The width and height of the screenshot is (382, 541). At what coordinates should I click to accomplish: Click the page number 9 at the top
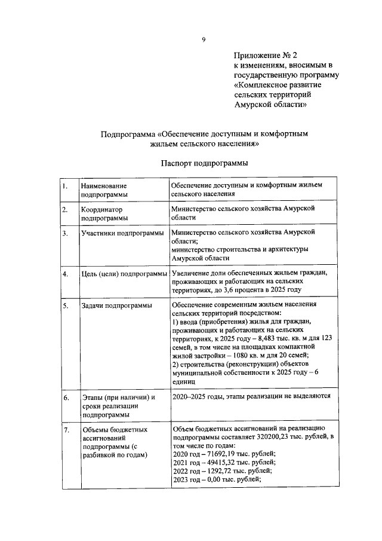coord(204,40)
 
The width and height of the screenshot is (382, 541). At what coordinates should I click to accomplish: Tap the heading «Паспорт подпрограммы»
coord(204,163)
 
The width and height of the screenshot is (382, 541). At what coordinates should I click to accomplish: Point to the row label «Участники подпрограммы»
coord(121,233)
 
